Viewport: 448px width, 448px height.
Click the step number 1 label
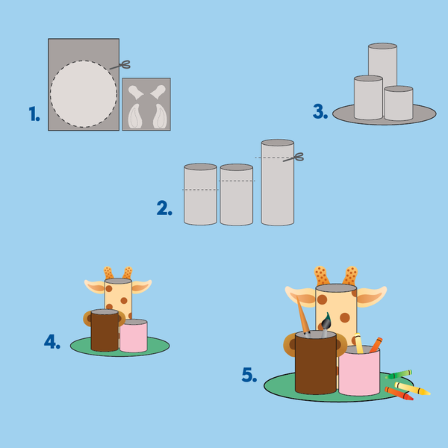pos(34,113)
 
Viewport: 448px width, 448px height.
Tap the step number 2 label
pos(164,208)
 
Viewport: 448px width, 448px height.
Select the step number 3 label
pos(320,111)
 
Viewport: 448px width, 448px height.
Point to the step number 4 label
pos(52,342)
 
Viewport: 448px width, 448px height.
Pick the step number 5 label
pos(249,375)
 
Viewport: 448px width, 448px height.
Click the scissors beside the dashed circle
pos(120,66)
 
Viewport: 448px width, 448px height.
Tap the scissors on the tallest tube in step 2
pos(293,158)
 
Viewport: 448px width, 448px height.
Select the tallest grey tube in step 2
pos(278,182)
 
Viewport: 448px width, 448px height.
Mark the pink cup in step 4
pos(134,335)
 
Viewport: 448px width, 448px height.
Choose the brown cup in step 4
pos(105,330)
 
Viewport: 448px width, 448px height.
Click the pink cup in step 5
pos(359,371)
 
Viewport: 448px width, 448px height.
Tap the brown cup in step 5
pos(316,363)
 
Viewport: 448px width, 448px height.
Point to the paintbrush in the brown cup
pos(326,325)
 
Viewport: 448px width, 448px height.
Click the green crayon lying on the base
pos(399,374)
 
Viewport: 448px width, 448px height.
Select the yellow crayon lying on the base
pos(412,388)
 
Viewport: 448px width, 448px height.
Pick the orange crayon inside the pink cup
pos(376,345)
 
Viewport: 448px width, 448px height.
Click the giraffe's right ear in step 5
pos(371,296)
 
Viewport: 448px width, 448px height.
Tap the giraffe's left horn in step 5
pos(322,276)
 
